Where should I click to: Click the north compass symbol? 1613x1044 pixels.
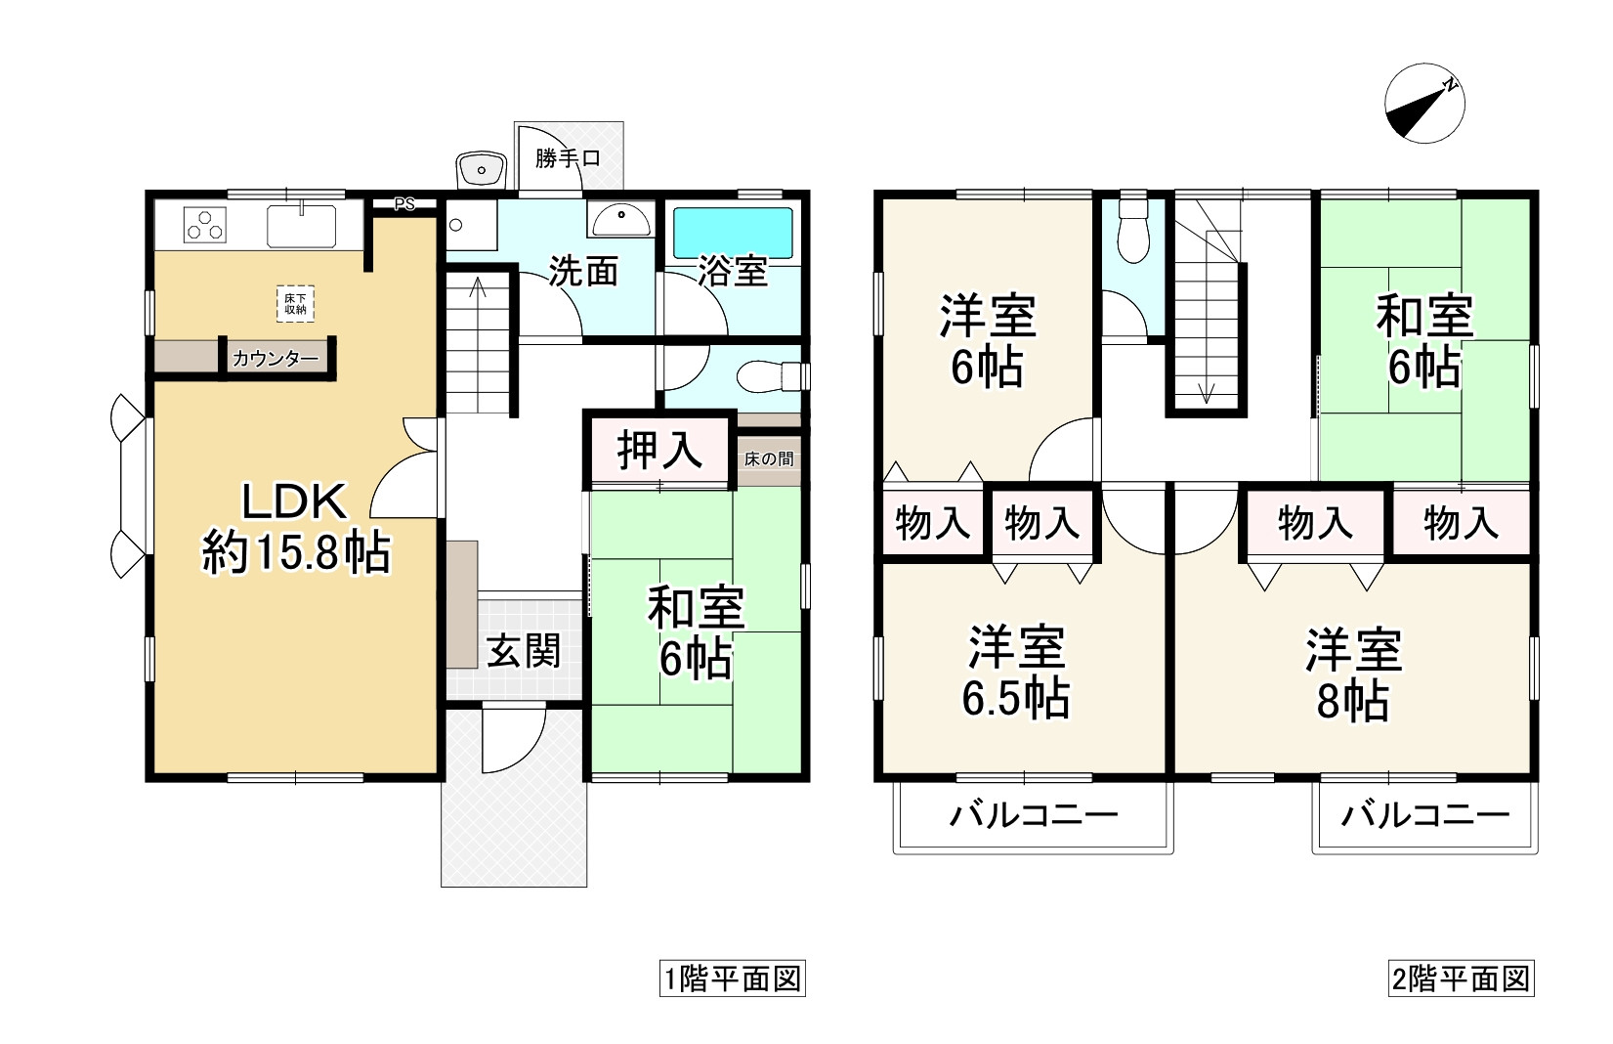pyautogui.click(x=1425, y=105)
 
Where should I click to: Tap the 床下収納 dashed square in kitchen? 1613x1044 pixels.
pyautogui.click(x=295, y=303)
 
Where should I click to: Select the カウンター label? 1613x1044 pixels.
pyautogui.click(x=275, y=359)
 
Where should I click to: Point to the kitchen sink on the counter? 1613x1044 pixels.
pyautogui.click(x=301, y=225)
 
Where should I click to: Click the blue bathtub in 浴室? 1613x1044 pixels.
pyautogui.click(x=733, y=233)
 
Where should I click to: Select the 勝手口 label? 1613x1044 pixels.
pyautogui.click(x=567, y=158)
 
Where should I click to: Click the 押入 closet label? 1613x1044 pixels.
pyautogui.click(x=660, y=451)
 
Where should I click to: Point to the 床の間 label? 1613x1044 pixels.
pyautogui.click(x=768, y=457)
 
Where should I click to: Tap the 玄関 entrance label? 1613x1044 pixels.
pyautogui.click(x=524, y=650)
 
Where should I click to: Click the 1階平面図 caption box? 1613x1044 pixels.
pyautogui.click(x=732, y=979)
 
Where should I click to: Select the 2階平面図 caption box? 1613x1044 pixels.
pyautogui.click(x=1461, y=979)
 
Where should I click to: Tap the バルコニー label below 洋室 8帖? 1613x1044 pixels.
pyautogui.click(x=1424, y=814)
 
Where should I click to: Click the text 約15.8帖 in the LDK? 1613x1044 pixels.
pyautogui.click(x=296, y=553)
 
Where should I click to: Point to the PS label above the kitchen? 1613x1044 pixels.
pyautogui.click(x=403, y=204)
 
